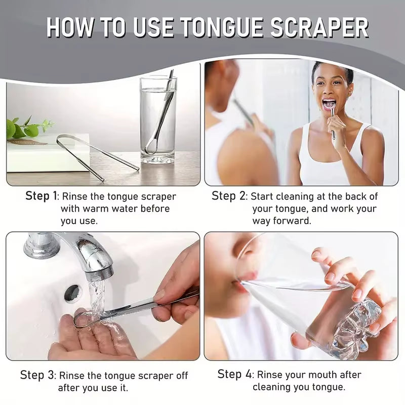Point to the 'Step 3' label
[37, 375]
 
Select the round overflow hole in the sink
[72, 293]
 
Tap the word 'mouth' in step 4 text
[323, 375]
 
